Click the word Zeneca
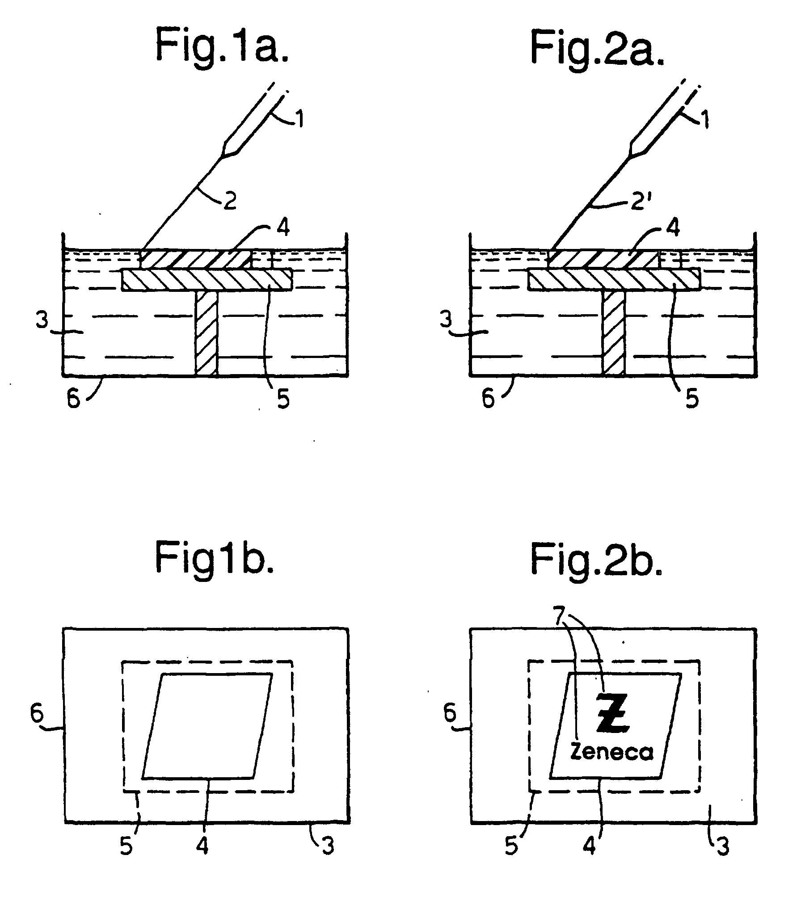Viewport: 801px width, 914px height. coord(611,752)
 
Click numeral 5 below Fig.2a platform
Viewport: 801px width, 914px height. coord(691,399)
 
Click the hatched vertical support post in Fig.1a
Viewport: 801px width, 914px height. coord(207,333)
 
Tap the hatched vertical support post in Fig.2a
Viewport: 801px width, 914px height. coord(613,333)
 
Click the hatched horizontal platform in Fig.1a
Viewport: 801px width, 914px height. coord(207,280)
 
